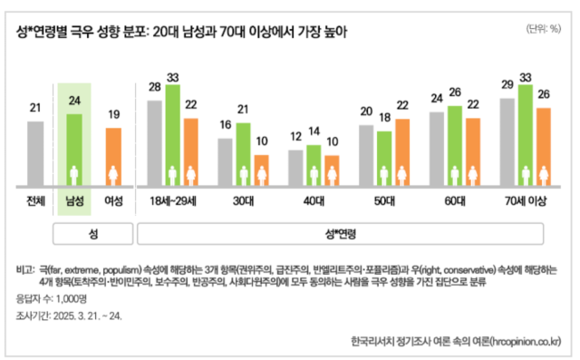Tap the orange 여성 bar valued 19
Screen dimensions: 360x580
tap(113, 156)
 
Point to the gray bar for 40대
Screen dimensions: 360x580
tap(295, 167)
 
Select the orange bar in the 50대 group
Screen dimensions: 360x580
tap(402, 151)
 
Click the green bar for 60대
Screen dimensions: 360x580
tap(455, 145)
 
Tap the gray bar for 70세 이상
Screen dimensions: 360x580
tap(507, 141)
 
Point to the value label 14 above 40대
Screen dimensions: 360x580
tap(314, 131)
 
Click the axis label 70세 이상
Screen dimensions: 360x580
tap(525, 200)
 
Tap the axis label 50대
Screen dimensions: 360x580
tap(384, 200)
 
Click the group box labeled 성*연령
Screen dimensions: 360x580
tap(340, 233)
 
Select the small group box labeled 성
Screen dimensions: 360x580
tap(93, 233)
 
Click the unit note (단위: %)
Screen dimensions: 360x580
tap(543, 28)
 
